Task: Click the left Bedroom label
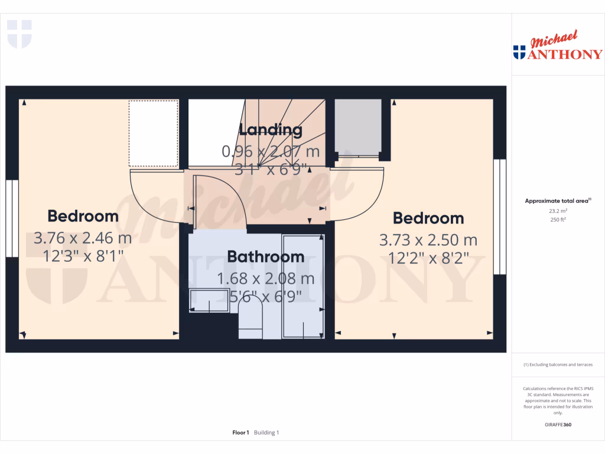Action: coord(83,216)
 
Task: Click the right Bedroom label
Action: coord(428,218)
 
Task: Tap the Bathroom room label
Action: coord(266,257)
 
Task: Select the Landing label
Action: coord(271,130)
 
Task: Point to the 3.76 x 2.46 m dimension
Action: coord(83,239)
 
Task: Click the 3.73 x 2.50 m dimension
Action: coord(428,241)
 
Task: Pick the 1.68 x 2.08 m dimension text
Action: coord(265,278)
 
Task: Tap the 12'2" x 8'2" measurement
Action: coord(428,258)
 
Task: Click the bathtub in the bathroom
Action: coord(303,287)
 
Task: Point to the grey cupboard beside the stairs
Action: coord(358,127)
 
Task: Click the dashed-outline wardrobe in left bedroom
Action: coord(154,134)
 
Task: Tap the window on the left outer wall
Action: coord(12,219)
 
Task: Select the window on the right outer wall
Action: coord(500,217)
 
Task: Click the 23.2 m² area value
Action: coord(558,210)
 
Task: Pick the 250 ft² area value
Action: coord(558,219)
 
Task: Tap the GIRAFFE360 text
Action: coord(558,424)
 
